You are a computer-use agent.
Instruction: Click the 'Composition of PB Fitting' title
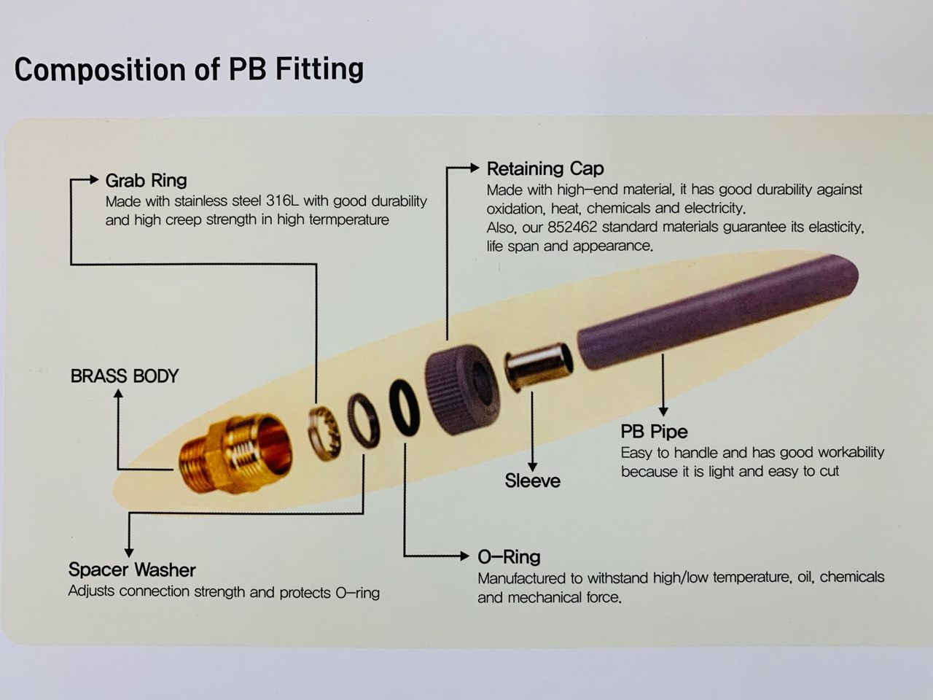(x=189, y=69)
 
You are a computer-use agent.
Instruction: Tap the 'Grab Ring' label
(x=146, y=180)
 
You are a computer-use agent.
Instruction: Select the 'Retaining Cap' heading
(x=545, y=168)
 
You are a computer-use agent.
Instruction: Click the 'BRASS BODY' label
(x=125, y=376)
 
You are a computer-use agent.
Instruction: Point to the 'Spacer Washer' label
(x=132, y=569)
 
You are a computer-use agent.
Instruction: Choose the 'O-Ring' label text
(x=509, y=557)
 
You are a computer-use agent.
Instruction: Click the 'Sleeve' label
(x=532, y=481)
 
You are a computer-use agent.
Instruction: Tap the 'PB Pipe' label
(x=654, y=432)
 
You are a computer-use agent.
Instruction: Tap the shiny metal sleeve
(x=538, y=370)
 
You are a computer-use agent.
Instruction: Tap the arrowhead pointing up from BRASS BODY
(x=119, y=394)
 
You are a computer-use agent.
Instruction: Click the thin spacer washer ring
(x=363, y=420)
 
